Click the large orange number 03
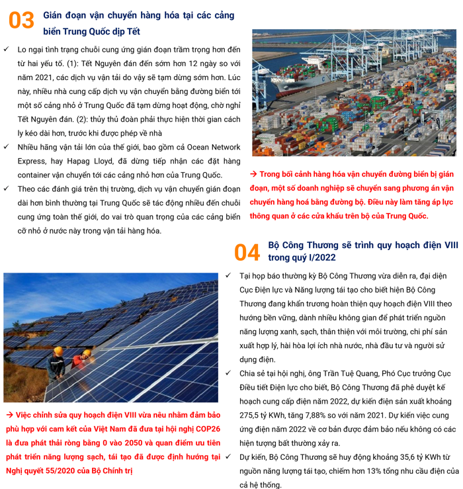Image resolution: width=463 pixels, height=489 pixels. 21,21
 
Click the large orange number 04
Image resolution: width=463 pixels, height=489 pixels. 247,251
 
